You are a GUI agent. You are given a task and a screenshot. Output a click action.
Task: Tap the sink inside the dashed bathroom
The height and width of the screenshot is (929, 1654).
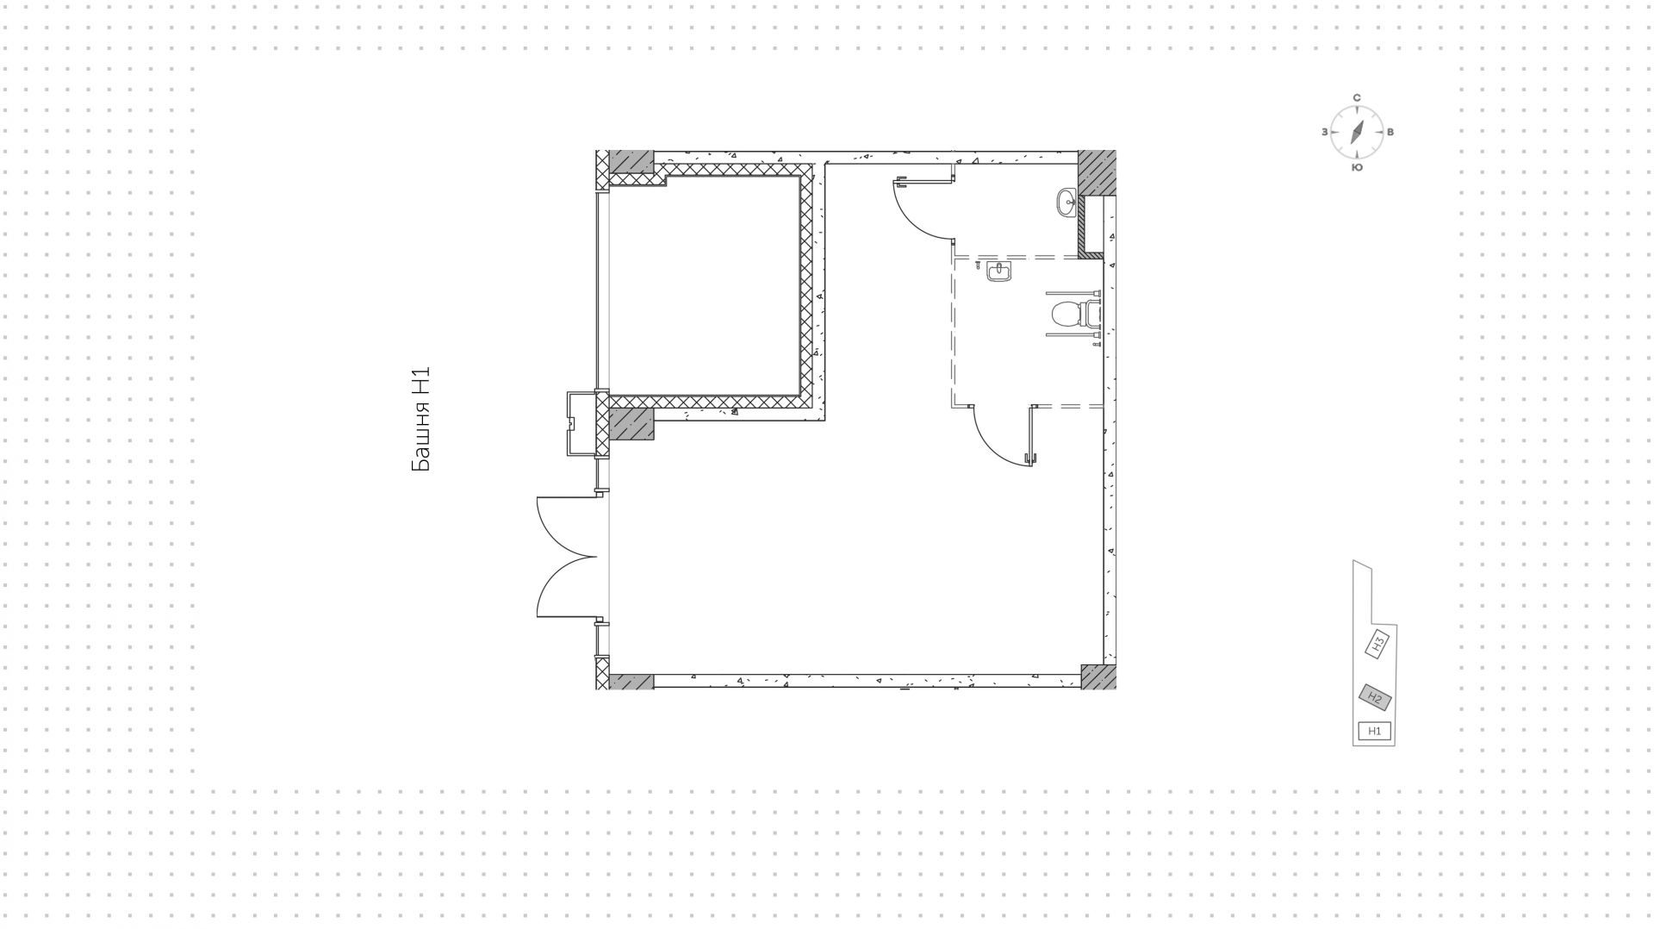tap(999, 273)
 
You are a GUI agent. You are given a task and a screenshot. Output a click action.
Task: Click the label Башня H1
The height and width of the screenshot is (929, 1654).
tap(420, 420)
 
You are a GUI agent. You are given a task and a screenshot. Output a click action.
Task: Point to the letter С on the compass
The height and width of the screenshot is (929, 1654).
tap(1357, 98)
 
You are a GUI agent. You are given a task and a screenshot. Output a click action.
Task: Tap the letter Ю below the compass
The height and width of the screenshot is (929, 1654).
tap(1357, 167)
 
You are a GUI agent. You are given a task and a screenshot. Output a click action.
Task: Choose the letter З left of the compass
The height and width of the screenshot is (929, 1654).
tap(1324, 132)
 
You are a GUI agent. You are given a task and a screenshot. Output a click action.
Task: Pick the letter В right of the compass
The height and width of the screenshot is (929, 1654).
tap(1390, 132)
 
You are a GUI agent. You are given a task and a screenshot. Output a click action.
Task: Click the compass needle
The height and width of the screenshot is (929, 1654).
tap(1357, 132)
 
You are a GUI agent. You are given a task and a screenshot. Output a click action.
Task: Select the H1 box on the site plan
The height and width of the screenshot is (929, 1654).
tap(1375, 731)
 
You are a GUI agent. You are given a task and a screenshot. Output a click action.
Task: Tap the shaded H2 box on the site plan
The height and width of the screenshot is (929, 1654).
tap(1375, 697)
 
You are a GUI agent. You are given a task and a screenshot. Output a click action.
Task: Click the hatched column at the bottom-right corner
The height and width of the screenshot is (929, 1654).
tap(1098, 676)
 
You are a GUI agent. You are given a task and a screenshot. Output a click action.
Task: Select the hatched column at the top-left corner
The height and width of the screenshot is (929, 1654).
tap(631, 161)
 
